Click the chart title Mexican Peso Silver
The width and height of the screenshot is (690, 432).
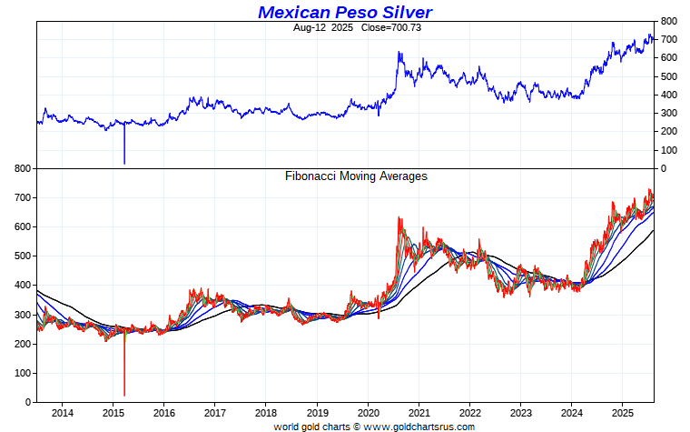[345, 12]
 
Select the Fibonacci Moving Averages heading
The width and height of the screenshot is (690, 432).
[356, 176]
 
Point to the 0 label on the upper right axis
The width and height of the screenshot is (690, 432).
[665, 169]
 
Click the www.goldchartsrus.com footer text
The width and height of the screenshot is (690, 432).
[417, 427]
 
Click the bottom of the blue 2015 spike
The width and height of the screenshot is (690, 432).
[124, 164]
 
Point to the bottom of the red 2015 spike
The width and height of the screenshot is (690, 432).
[124, 396]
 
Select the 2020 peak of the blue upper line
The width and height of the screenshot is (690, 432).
[399, 53]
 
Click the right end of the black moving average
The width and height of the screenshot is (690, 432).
[654, 230]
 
